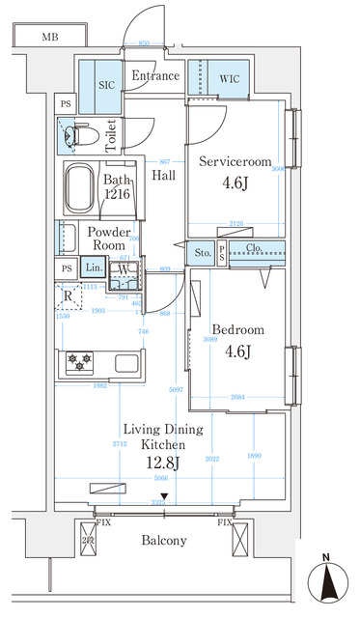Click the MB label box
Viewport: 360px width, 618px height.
click(48, 39)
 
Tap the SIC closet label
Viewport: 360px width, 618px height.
click(106, 85)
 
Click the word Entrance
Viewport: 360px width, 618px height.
click(155, 76)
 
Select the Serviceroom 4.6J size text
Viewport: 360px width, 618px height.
click(235, 182)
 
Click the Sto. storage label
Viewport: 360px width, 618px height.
click(203, 253)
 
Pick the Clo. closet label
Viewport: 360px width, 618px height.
click(255, 248)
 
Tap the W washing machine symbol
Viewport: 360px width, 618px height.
click(125, 270)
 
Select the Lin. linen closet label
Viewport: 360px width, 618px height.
click(93, 268)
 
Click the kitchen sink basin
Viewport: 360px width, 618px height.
click(128, 364)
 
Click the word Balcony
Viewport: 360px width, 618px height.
click(163, 541)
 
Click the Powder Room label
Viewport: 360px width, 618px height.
click(109, 239)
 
